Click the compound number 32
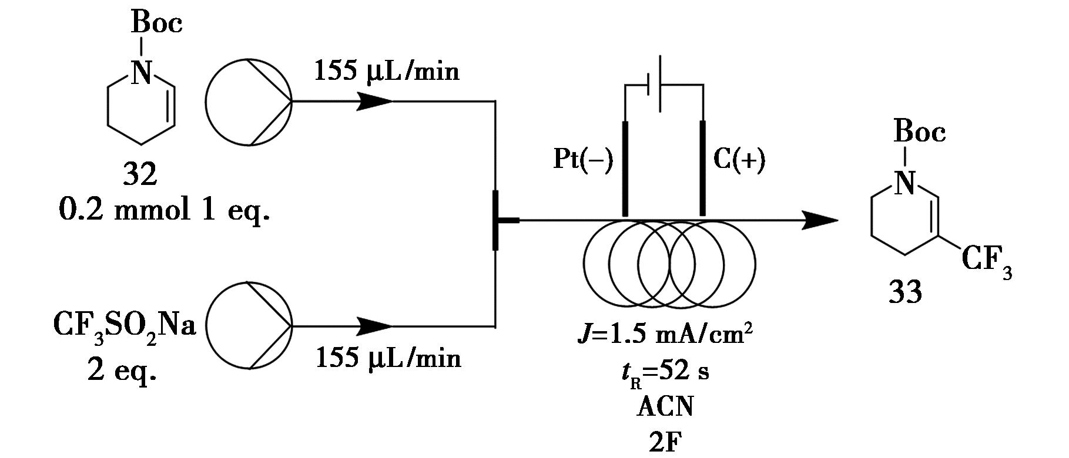pyautogui.click(x=140, y=174)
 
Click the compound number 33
pyautogui.click(x=905, y=292)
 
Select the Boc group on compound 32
pyautogui.click(x=156, y=23)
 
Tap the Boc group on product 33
pyautogui.click(x=920, y=132)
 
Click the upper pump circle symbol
pyautogui.click(x=249, y=102)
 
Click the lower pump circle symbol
pyautogui.click(x=249, y=325)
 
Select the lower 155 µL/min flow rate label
pyautogui.click(x=388, y=358)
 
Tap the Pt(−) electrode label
pyautogui.click(x=583, y=160)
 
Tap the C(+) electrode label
pyautogui.click(x=739, y=160)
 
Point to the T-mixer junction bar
pyautogui.click(x=496, y=221)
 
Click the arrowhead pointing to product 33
pyautogui.click(x=820, y=221)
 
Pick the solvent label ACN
pyautogui.click(x=665, y=407)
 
